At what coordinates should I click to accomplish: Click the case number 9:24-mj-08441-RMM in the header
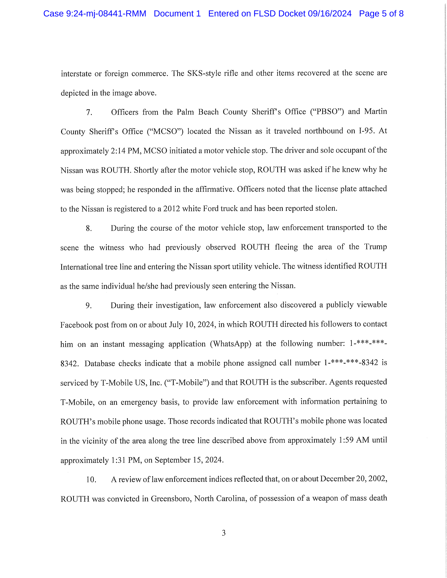106,13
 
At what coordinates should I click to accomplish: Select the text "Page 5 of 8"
381,13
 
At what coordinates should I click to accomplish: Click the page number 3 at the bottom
224,533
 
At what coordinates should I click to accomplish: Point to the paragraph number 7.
89,112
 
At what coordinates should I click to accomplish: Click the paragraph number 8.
89,228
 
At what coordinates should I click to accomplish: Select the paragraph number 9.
89,306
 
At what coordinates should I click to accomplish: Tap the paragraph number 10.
91,479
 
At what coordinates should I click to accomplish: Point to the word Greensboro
171,499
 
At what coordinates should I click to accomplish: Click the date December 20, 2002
353,479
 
